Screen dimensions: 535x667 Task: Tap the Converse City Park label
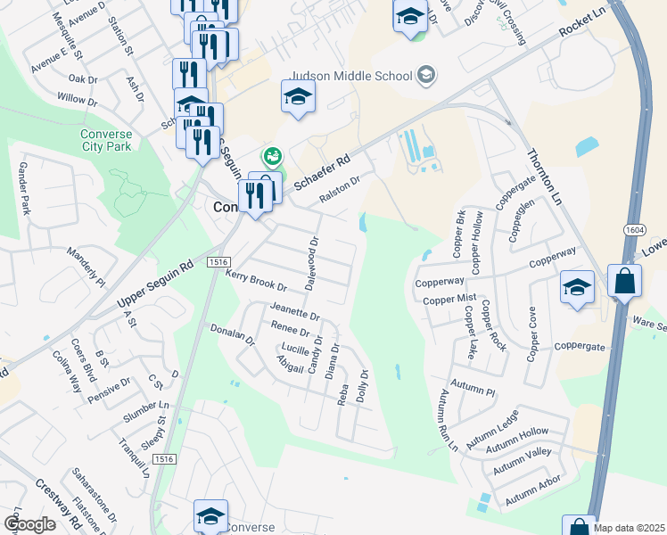point(111,140)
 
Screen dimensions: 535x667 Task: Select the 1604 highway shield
point(632,229)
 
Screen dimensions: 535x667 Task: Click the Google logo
point(29,524)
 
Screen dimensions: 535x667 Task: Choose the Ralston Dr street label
point(339,190)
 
